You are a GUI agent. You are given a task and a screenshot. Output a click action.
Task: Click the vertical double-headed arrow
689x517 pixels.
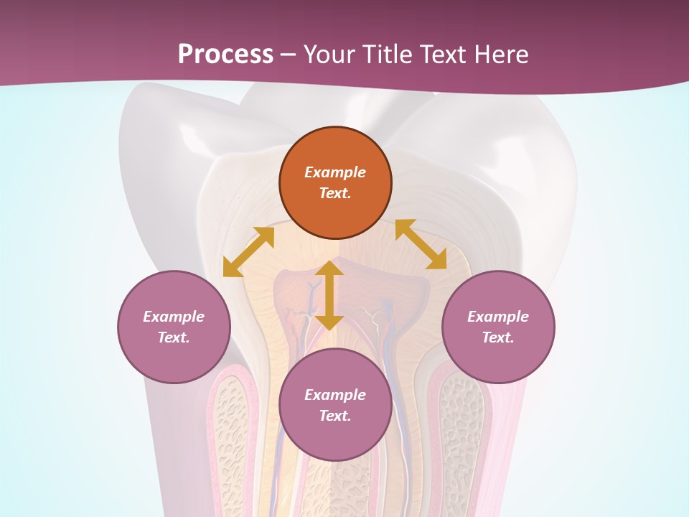(329, 295)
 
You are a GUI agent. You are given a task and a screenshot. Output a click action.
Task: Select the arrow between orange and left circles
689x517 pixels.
(248, 252)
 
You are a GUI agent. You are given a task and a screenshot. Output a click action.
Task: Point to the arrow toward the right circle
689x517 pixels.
(421, 244)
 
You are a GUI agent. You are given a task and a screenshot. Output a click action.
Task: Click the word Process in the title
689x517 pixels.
(225, 54)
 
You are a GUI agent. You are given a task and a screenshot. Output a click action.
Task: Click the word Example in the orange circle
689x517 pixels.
(335, 172)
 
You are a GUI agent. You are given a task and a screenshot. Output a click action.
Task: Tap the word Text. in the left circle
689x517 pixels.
(174, 337)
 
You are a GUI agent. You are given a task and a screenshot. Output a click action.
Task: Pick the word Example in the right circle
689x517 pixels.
(498, 317)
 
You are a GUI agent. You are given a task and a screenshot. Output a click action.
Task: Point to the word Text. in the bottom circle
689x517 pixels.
(335, 416)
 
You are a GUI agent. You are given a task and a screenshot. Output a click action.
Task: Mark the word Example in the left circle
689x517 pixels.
(174, 317)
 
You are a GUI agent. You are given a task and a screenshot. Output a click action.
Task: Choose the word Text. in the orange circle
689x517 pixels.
(335, 193)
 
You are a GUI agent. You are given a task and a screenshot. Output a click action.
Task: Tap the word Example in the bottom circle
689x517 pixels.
(335, 395)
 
